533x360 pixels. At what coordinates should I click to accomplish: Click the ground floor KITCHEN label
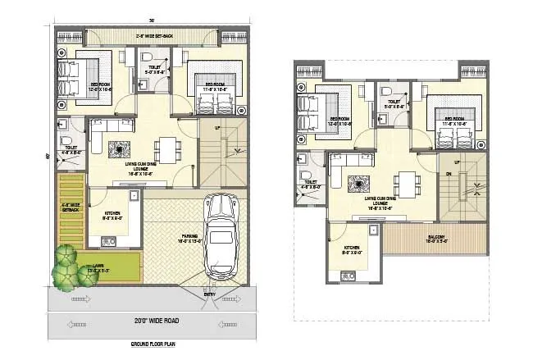tap(113, 217)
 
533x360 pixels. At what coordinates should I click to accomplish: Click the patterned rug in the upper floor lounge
tap(358, 180)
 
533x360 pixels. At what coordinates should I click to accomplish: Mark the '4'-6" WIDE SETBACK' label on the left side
tap(71, 208)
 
